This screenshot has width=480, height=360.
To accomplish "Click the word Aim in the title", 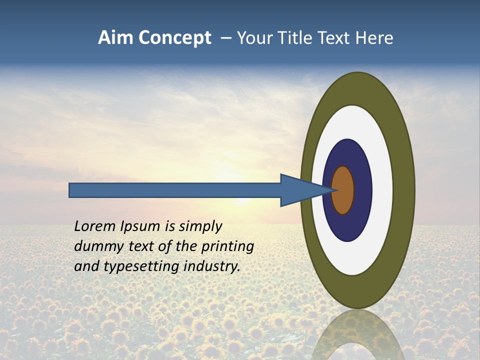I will click(x=116, y=38).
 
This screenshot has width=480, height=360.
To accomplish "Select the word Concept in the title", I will click(x=175, y=38).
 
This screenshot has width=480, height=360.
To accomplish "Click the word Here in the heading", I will click(x=374, y=38).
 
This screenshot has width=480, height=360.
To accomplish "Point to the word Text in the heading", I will click(x=335, y=38).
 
